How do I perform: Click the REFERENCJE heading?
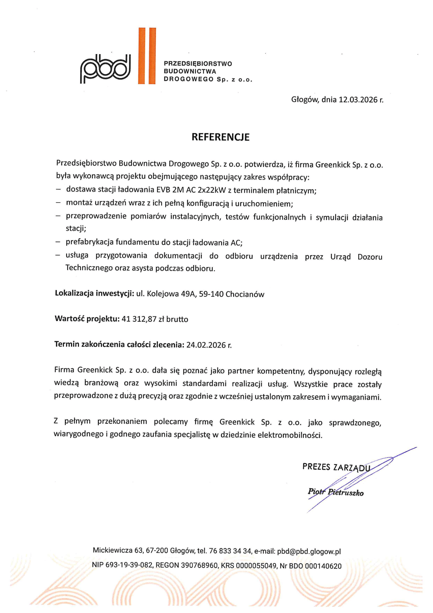[x=220, y=137]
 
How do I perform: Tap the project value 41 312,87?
[x=139, y=319]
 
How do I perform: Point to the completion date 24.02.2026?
[x=206, y=345]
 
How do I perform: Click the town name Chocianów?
[x=245, y=294]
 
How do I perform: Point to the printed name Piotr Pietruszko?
[x=336, y=492]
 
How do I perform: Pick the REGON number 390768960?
[x=199, y=566]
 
